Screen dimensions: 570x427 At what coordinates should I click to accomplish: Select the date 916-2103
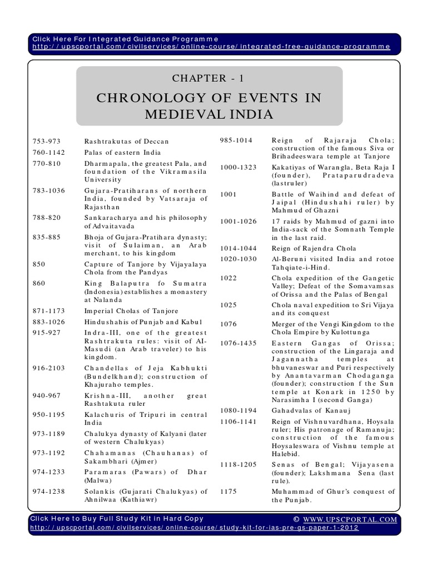[x=47, y=368]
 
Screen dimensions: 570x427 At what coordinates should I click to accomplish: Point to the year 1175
[x=229, y=492]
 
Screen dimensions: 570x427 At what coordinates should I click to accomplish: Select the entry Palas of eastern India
[x=122, y=153]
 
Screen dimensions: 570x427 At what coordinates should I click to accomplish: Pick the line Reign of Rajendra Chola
[x=314, y=248]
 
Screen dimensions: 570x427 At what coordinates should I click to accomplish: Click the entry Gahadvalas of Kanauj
[x=307, y=410]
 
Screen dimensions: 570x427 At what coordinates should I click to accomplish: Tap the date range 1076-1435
[x=238, y=343]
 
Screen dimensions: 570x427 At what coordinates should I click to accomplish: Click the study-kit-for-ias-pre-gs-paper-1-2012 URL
[x=195, y=527]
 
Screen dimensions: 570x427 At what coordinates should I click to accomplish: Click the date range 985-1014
[x=236, y=140]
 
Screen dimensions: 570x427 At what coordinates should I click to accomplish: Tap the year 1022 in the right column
[x=229, y=278]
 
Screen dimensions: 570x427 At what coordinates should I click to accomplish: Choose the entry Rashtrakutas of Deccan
[x=126, y=141]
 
